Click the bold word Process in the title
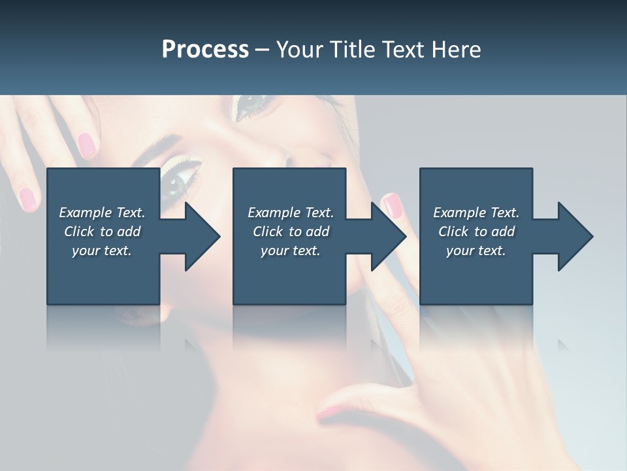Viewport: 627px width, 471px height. pyautogui.click(x=205, y=50)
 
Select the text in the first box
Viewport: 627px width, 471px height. pyautogui.click(x=102, y=232)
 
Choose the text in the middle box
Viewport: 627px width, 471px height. pyautogui.click(x=291, y=232)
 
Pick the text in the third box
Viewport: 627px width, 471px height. pyautogui.click(x=476, y=232)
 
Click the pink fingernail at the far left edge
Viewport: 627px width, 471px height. pyautogui.click(x=27, y=198)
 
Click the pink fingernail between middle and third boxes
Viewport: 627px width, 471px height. pyautogui.click(x=391, y=205)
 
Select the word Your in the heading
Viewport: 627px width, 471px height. pyautogui.click(x=299, y=50)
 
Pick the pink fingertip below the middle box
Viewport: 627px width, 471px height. pyautogui.click(x=330, y=411)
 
